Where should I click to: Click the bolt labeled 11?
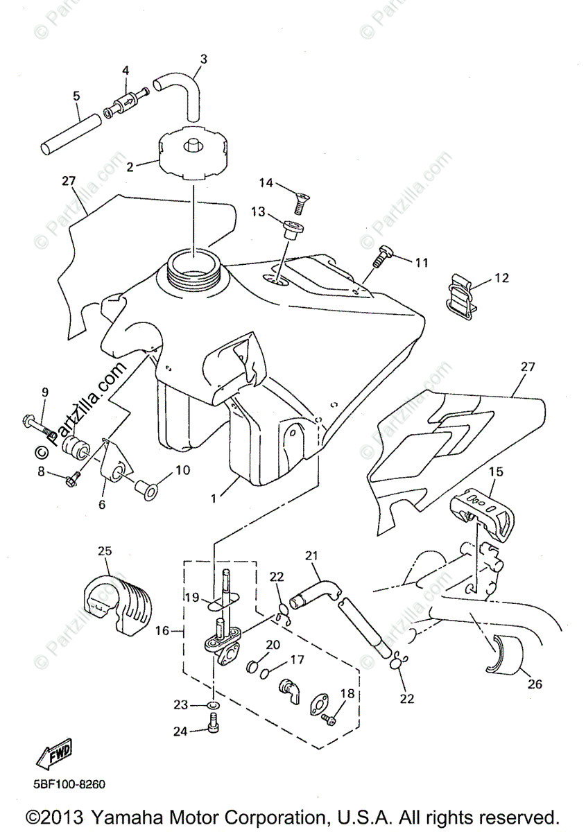click(x=383, y=256)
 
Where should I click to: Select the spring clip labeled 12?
click(x=458, y=295)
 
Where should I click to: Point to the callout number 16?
click(x=162, y=631)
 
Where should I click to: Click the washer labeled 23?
click(x=214, y=705)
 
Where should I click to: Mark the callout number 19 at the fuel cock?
click(x=192, y=597)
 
